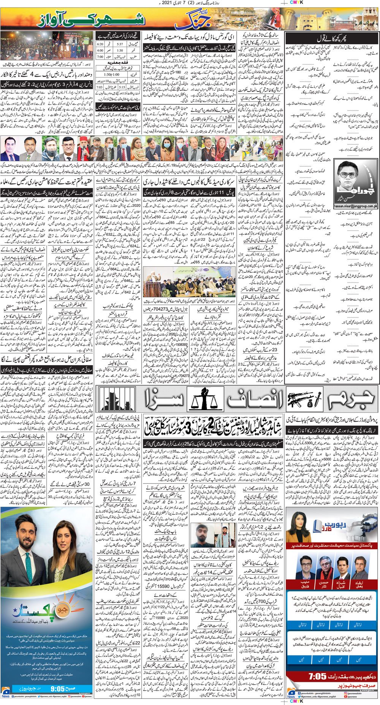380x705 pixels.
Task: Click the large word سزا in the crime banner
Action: (158, 401)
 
